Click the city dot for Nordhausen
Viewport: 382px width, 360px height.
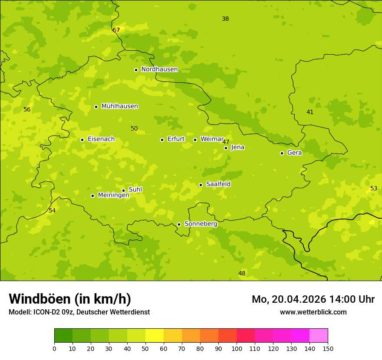[136, 70]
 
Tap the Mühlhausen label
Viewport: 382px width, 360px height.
[119, 106]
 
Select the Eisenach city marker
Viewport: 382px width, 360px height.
[82, 140]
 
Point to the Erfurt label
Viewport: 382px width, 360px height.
[176, 139]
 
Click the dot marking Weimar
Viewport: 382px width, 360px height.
[195, 140]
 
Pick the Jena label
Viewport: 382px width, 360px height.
[237, 147]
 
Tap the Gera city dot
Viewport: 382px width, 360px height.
[282, 153]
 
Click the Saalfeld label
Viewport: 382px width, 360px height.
[218, 184]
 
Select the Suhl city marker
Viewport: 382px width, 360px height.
[123, 190]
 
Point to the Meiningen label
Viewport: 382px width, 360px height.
[113, 195]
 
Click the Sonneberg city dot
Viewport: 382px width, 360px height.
[179, 224]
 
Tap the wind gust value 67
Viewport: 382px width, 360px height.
[116, 30]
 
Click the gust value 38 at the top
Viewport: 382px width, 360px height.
[225, 19]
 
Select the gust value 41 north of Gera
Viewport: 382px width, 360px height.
[310, 112]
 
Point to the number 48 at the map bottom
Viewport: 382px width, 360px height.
[242, 273]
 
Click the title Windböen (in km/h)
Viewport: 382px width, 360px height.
[70, 299]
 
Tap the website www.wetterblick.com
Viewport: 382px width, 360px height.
[313, 312]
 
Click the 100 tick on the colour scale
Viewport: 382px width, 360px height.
[237, 348]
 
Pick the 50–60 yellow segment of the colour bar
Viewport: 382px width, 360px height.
[155, 336]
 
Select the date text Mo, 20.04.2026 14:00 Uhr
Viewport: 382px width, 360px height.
[313, 299]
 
